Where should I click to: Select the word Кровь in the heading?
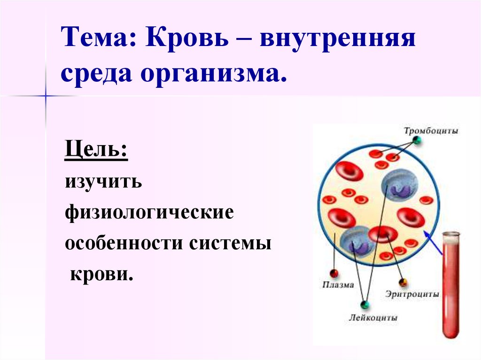tap(187, 37)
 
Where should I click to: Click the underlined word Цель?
tap(96, 149)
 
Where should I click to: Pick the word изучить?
tap(103, 182)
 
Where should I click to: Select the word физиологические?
tap(149, 212)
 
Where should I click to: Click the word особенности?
tap(124, 243)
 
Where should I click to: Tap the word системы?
tap(230, 244)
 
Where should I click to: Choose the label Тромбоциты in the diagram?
tap(431, 130)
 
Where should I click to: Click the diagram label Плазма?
tap(338, 285)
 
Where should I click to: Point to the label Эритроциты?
tap(412, 294)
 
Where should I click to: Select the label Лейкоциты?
tap(372, 317)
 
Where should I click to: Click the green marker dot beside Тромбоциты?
tap(417, 141)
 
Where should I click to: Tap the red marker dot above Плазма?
tap(334, 273)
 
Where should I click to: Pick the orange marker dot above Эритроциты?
tap(403, 282)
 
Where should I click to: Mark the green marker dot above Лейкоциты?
tap(365, 305)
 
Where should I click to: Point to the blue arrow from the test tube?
tap(433, 242)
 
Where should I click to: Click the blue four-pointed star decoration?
tap(46, 96)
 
